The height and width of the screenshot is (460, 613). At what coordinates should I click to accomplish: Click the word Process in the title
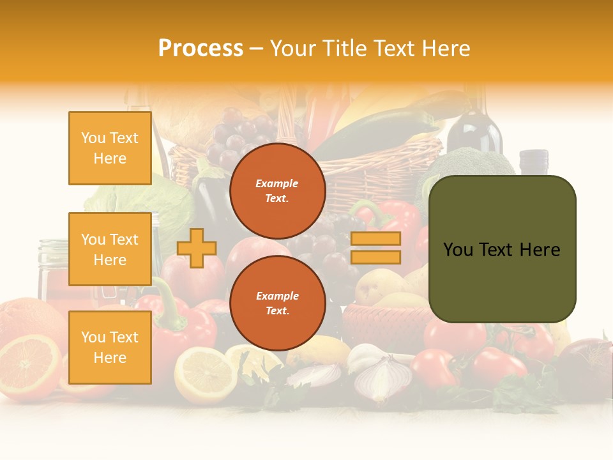(x=201, y=48)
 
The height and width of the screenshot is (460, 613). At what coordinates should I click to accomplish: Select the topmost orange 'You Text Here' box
(x=110, y=148)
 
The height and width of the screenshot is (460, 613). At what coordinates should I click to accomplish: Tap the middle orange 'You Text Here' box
(x=110, y=249)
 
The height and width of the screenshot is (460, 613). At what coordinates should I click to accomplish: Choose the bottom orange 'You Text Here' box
(x=110, y=347)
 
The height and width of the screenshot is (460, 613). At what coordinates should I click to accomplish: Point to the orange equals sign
(x=375, y=248)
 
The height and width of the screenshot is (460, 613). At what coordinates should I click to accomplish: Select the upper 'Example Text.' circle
(x=277, y=190)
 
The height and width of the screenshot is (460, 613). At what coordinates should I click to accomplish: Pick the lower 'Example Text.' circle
(x=277, y=303)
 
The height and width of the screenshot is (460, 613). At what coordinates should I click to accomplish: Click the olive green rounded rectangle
(x=502, y=249)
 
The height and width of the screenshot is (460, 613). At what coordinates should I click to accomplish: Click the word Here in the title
(x=444, y=48)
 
